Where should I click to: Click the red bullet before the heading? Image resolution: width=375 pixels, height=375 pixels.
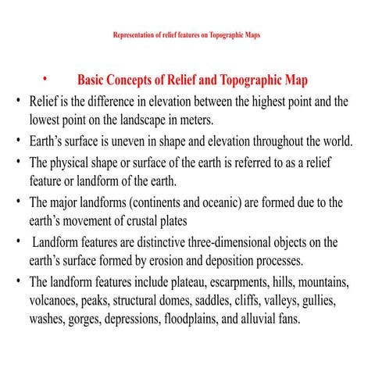45,79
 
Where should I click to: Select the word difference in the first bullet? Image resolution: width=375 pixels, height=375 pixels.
120,102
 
